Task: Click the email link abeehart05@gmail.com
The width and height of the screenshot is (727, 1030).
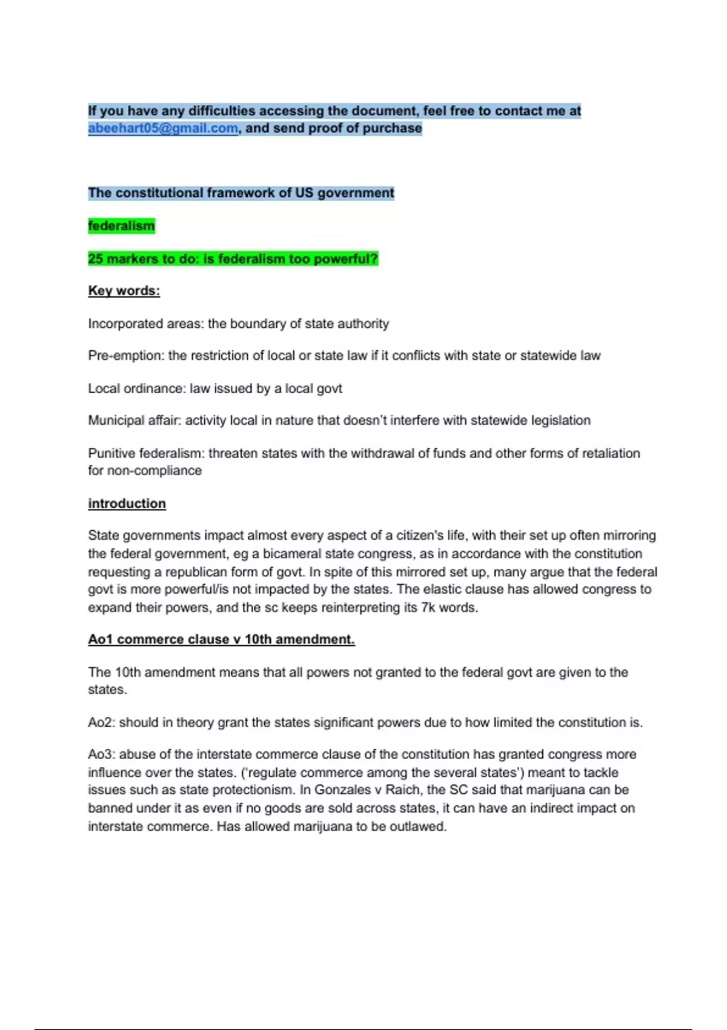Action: coord(162,128)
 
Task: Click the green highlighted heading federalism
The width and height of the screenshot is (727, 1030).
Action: coord(121,226)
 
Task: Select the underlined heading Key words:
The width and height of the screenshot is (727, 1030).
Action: coord(124,291)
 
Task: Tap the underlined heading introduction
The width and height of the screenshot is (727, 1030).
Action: coord(127,503)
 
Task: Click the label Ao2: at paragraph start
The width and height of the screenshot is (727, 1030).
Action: coord(101,722)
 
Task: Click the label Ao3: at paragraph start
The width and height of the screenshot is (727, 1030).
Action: coord(101,754)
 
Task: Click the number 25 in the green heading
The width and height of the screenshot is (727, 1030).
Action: coord(95,259)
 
